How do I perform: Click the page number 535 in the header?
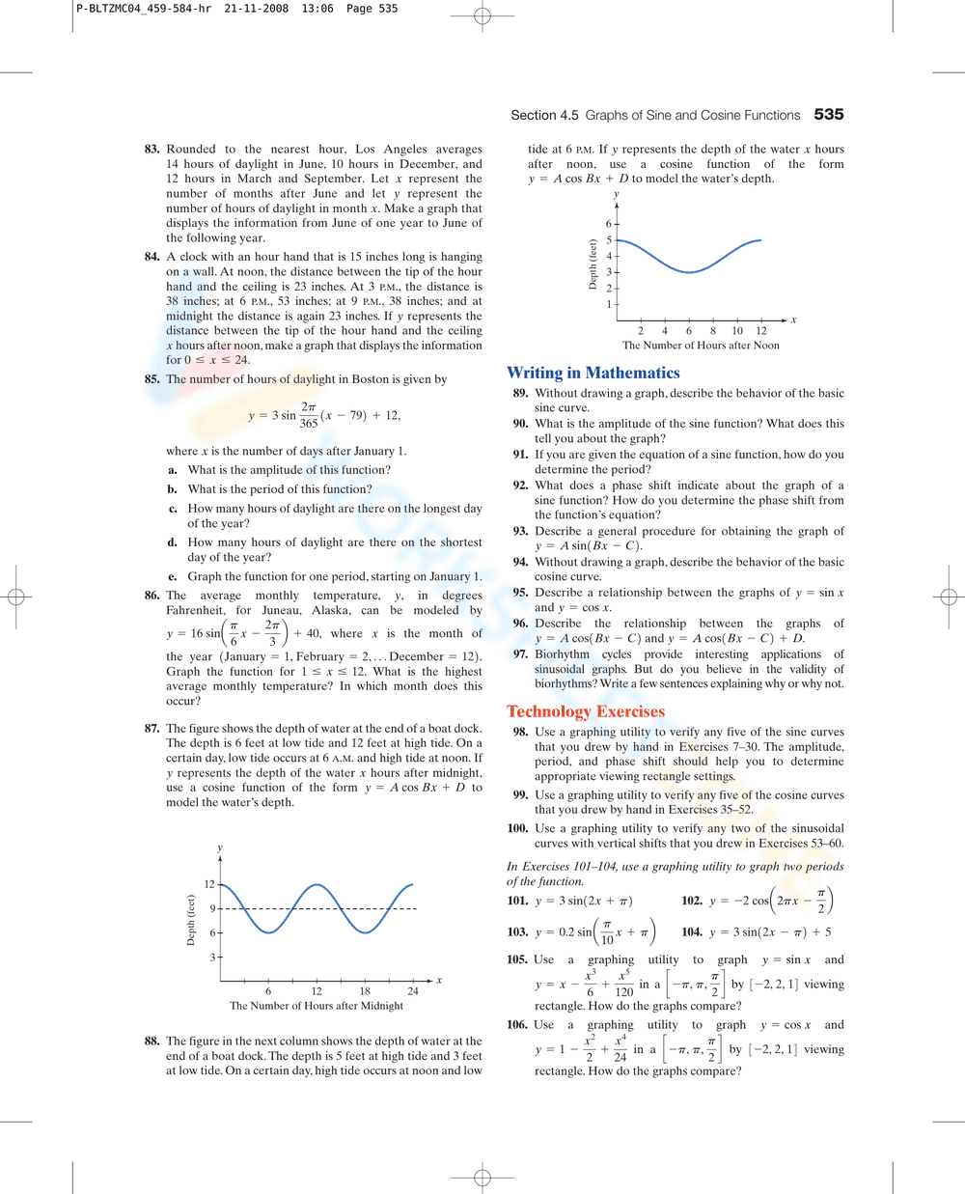coord(828,115)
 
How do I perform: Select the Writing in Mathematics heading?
coord(593,373)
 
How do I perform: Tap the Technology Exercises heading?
coord(585,711)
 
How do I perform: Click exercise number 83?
coord(152,150)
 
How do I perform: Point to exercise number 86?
coord(152,596)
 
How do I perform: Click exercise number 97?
coord(520,654)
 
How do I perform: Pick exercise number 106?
coord(517,1025)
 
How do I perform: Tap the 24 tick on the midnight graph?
coord(413,991)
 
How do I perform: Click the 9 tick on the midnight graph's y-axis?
coord(212,908)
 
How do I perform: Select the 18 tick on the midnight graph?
coord(365,991)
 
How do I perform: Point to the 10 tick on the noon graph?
coord(737,331)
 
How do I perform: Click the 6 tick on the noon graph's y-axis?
coord(609,224)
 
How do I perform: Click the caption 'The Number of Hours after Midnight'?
coord(317,1006)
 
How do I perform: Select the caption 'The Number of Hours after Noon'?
coord(701,346)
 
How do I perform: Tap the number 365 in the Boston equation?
coord(309,423)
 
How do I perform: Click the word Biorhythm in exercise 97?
coord(564,654)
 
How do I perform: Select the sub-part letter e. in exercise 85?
coord(173,576)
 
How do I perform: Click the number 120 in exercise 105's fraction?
coord(624,992)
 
